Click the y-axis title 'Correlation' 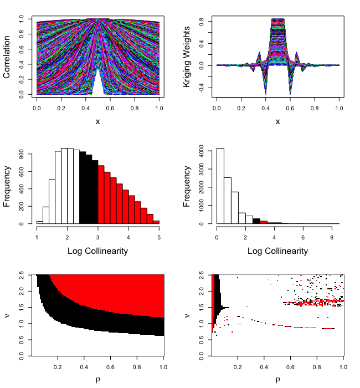click(x=8, y=57)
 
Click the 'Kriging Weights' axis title click(x=188, y=57)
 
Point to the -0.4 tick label click(x=202, y=88)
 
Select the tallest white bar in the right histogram click(x=220, y=186)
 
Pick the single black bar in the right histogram click(x=256, y=221)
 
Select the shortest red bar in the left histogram click(x=156, y=222)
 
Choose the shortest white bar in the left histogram click(x=39, y=222)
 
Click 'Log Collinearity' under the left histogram click(x=98, y=251)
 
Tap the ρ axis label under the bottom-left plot click(x=98, y=380)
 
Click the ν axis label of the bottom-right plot click(x=188, y=315)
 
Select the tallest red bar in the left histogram click(x=101, y=195)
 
